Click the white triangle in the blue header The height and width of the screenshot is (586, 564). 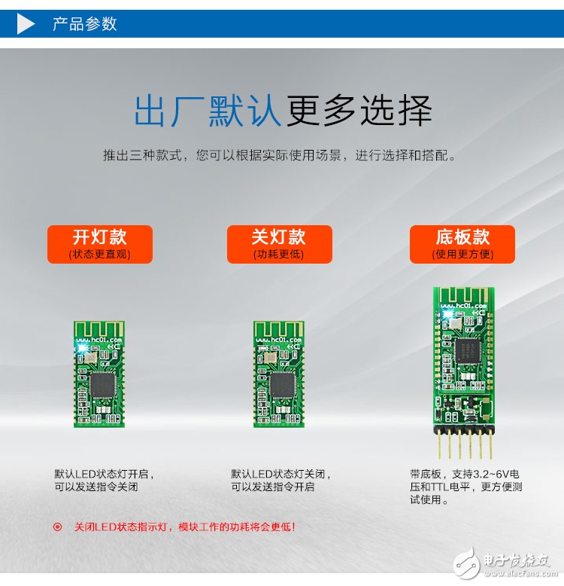point(25,23)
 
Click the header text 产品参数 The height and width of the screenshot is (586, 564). point(85,24)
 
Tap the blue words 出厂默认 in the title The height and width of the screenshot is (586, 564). point(208,111)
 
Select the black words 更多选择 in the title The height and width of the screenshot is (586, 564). point(359,111)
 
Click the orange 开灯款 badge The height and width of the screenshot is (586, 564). point(100,244)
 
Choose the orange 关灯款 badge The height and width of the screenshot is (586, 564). point(280,244)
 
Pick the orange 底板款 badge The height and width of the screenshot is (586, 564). point(462,244)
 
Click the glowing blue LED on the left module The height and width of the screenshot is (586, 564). point(80,348)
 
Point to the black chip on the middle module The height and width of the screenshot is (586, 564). point(282,385)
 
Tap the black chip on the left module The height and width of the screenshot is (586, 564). point(102,385)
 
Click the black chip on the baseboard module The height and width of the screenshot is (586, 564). point(466,350)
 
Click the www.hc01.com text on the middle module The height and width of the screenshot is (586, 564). point(278,340)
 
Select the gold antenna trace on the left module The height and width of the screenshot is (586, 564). point(99,329)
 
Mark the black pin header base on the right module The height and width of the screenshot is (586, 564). point(464,430)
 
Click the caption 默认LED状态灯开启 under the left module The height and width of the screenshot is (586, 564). point(102,474)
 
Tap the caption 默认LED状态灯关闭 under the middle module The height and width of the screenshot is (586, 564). point(278,474)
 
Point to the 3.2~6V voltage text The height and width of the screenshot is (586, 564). point(490,474)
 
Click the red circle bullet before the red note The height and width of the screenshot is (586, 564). point(57,527)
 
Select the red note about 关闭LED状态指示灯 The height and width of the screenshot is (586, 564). point(185,527)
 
